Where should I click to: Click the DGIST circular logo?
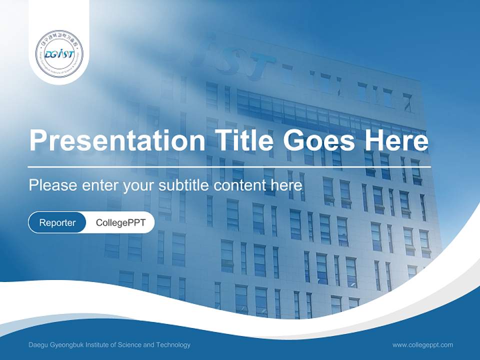click(59, 54)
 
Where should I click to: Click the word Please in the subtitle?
click(52, 185)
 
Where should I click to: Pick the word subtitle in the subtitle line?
click(184, 185)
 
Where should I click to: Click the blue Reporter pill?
click(57, 222)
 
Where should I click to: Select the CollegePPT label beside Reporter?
click(120, 222)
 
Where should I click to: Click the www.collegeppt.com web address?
click(422, 344)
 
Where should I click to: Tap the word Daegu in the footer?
click(38, 344)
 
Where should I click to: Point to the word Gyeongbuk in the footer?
click(66, 344)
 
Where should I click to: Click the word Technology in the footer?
click(174, 344)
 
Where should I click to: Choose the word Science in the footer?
click(129, 344)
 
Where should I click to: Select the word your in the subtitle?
click(138, 186)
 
